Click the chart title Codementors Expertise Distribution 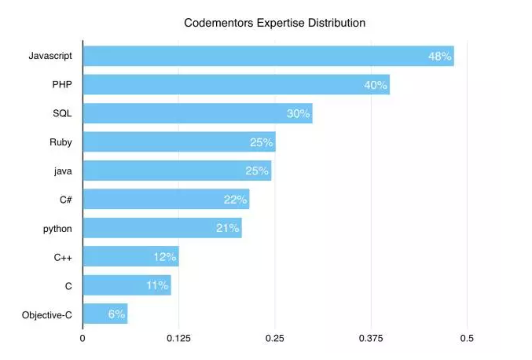click(x=274, y=23)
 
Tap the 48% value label click(x=439, y=56)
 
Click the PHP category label click(x=61, y=85)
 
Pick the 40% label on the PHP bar click(x=376, y=85)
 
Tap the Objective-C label click(x=47, y=314)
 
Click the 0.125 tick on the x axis click(x=178, y=339)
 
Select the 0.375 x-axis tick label click(x=371, y=339)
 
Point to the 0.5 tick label click(x=467, y=339)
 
